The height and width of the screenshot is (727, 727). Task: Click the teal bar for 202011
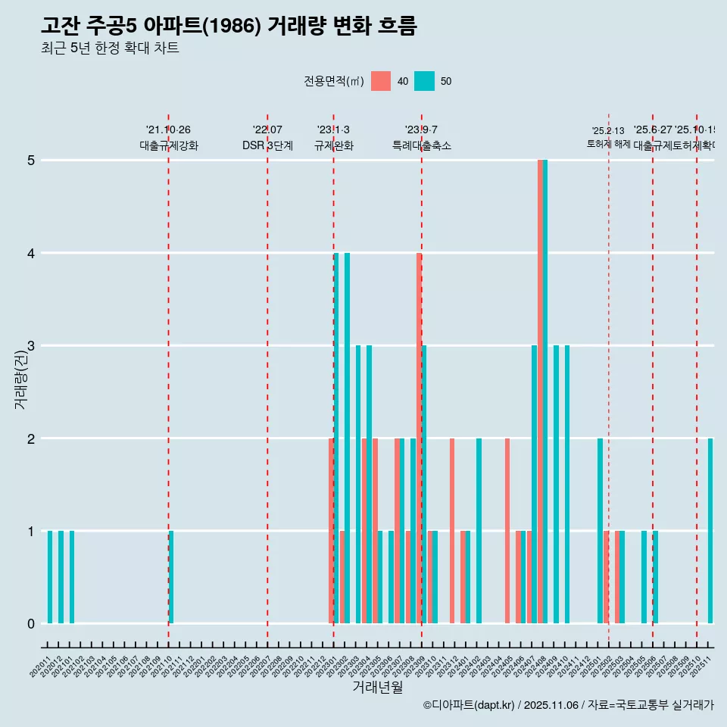click(x=50, y=577)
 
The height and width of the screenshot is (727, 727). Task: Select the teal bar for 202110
click(x=171, y=577)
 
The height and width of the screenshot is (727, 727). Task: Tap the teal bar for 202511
click(x=710, y=531)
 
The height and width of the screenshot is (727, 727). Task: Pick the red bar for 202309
click(x=419, y=438)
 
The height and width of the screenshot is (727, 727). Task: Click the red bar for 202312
click(x=452, y=531)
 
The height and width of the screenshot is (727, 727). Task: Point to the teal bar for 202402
click(x=479, y=531)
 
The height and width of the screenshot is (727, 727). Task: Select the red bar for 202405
click(x=507, y=531)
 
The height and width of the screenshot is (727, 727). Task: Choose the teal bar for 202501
click(x=601, y=531)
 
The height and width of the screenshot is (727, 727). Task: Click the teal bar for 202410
click(x=567, y=485)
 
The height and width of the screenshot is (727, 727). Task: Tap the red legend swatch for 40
click(x=381, y=81)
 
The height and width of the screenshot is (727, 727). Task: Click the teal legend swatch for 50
click(x=425, y=81)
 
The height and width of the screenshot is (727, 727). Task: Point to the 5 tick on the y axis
click(x=31, y=161)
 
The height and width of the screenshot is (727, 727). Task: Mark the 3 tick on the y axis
click(x=31, y=346)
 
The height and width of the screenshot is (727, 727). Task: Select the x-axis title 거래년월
click(x=377, y=687)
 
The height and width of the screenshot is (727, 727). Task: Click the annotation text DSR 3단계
click(x=267, y=145)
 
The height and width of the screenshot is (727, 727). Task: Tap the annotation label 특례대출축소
click(x=421, y=145)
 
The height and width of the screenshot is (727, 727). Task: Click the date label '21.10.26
click(x=168, y=130)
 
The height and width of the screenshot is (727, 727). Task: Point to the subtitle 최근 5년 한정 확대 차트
click(x=110, y=48)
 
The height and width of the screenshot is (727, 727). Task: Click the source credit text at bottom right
click(x=568, y=706)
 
